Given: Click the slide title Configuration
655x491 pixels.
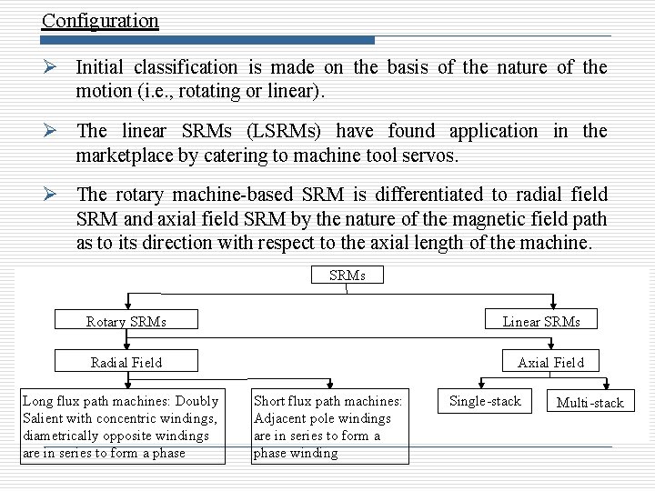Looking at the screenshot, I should tap(100, 20).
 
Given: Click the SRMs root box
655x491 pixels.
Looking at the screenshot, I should tap(346, 275).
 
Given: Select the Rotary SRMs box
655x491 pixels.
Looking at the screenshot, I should tap(126, 321).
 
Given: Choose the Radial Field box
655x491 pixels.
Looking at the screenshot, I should tap(126, 362).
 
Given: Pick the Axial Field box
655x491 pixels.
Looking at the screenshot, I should tap(550, 362).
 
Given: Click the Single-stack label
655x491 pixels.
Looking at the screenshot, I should tap(487, 401).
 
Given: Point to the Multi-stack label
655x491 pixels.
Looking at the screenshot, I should tap(590, 402).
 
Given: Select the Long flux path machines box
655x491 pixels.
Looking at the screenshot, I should tap(122, 426).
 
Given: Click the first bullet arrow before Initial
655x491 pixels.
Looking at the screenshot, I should tap(54, 67).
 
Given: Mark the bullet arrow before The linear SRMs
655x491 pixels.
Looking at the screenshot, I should tap(54, 131).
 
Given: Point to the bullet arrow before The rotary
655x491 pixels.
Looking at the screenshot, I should tap(54, 195).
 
